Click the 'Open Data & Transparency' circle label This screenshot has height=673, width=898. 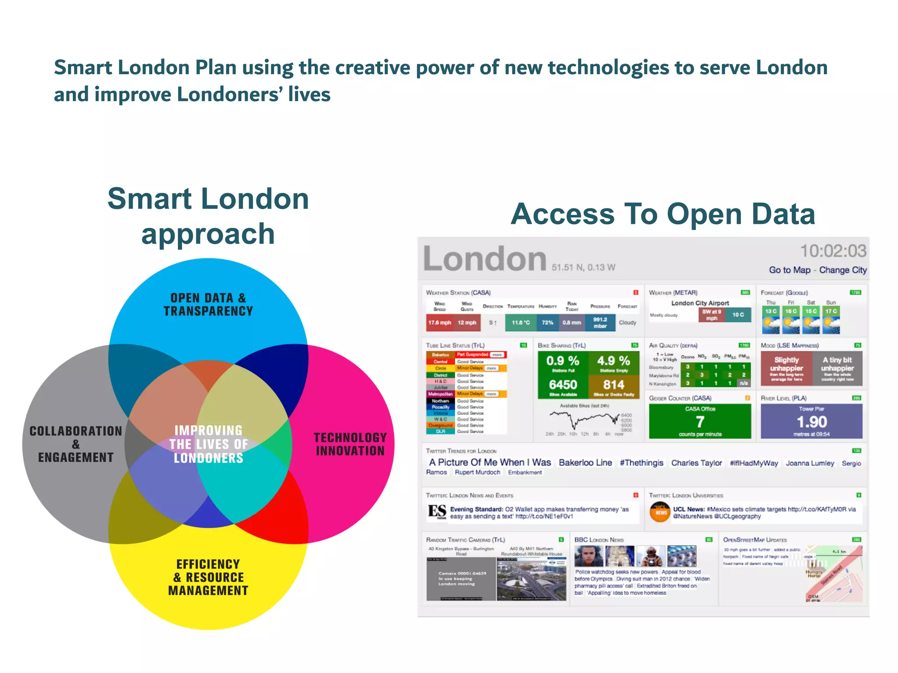click(208, 305)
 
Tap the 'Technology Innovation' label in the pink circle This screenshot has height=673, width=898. click(350, 444)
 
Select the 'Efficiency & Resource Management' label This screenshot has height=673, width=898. click(208, 577)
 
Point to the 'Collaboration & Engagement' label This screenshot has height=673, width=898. click(75, 444)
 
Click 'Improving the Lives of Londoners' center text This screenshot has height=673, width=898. click(208, 444)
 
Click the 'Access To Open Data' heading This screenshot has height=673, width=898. click(663, 214)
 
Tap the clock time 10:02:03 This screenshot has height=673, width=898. click(833, 251)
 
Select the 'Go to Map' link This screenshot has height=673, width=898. click(789, 270)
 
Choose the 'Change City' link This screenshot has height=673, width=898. click(843, 270)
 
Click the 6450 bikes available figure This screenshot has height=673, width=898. click(563, 385)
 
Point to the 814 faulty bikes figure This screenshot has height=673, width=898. click(613, 385)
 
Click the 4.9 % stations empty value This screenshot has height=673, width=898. click(613, 361)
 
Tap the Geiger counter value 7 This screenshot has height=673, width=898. click(700, 422)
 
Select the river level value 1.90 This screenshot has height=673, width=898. click(812, 422)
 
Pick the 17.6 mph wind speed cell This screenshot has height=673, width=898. click(439, 322)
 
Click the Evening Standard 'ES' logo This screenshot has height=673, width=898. click(437, 511)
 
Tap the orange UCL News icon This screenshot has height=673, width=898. click(660, 512)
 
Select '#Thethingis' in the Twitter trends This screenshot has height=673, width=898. click(641, 463)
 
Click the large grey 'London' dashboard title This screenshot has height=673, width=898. click(485, 259)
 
